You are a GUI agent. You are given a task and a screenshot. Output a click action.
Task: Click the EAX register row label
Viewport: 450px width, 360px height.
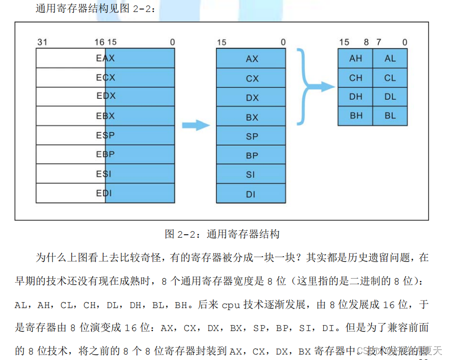pyautogui.click(x=105, y=58)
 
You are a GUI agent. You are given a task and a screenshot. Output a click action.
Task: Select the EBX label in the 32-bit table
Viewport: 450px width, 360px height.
pyautogui.click(x=105, y=116)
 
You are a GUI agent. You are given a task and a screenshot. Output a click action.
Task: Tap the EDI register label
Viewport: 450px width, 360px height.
pyautogui.click(x=104, y=193)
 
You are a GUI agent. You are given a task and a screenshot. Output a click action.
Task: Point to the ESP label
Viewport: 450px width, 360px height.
pyautogui.click(x=105, y=135)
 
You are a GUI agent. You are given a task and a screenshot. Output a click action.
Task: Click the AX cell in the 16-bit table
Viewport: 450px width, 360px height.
pyautogui.click(x=252, y=59)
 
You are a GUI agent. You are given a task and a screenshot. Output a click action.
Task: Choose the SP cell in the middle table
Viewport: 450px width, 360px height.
pyautogui.click(x=252, y=136)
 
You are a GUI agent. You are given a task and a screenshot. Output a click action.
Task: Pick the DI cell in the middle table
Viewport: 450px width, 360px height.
pyautogui.click(x=251, y=194)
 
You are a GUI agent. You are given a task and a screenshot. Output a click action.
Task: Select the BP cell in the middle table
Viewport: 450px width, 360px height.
pyautogui.click(x=252, y=156)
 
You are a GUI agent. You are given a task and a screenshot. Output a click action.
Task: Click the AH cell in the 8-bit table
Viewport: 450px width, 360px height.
pyautogui.click(x=356, y=58)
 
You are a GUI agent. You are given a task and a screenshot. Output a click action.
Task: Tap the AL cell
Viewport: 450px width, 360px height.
pyautogui.click(x=390, y=58)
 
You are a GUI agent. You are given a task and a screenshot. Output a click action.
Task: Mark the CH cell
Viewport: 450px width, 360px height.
pyautogui.click(x=356, y=78)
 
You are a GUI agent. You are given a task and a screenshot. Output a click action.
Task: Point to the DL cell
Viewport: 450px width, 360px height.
pyautogui.click(x=390, y=97)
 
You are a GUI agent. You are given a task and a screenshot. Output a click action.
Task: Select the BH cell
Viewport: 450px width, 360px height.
pyautogui.click(x=356, y=116)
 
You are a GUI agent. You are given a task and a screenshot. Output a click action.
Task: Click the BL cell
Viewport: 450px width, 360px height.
pyautogui.click(x=390, y=116)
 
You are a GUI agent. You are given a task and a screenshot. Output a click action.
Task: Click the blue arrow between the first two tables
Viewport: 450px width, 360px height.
pyautogui.click(x=196, y=125)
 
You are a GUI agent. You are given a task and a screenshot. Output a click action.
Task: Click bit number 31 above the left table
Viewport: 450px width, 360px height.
pyautogui.click(x=42, y=42)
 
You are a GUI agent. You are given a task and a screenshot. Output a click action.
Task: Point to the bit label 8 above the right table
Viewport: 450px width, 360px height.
pyautogui.click(x=366, y=42)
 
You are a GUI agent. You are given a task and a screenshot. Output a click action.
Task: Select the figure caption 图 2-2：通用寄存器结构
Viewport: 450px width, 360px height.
pyautogui.click(x=222, y=234)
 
